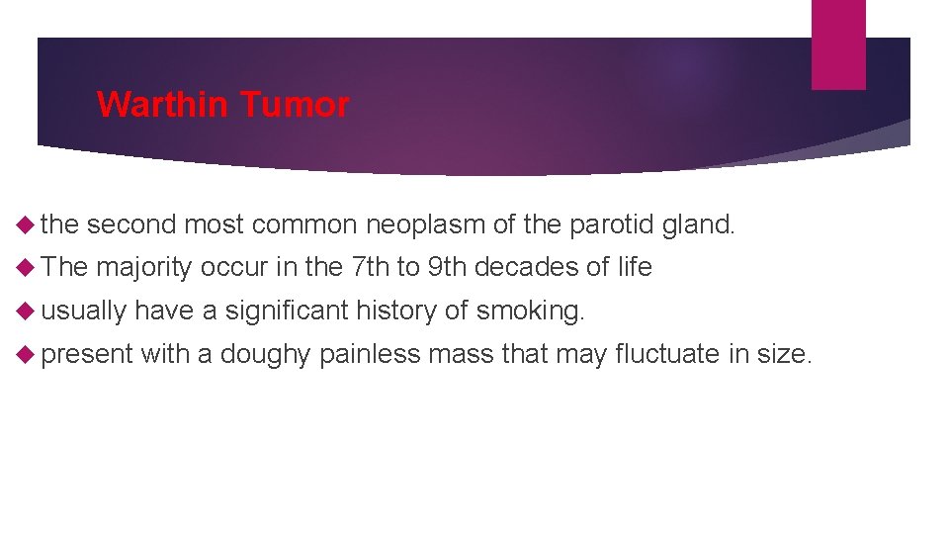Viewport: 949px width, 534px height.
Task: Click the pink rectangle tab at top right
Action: tap(838, 44)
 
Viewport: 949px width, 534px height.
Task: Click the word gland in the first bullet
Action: tap(698, 225)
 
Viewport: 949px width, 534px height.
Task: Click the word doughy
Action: tap(266, 354)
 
